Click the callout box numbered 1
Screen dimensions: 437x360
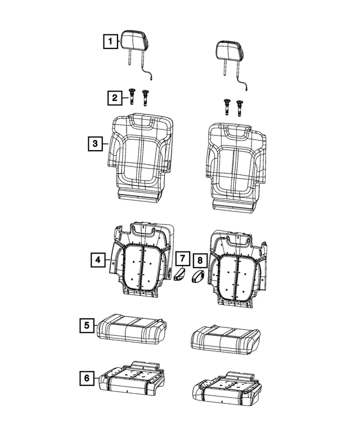110,41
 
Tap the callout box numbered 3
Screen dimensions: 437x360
96,144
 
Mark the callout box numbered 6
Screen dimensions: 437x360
86,379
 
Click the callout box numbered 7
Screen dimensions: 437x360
182,259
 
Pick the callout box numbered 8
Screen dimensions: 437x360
199,260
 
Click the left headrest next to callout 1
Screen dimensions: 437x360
133,42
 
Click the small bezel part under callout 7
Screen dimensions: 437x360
179,275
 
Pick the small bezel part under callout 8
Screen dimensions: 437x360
199,277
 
